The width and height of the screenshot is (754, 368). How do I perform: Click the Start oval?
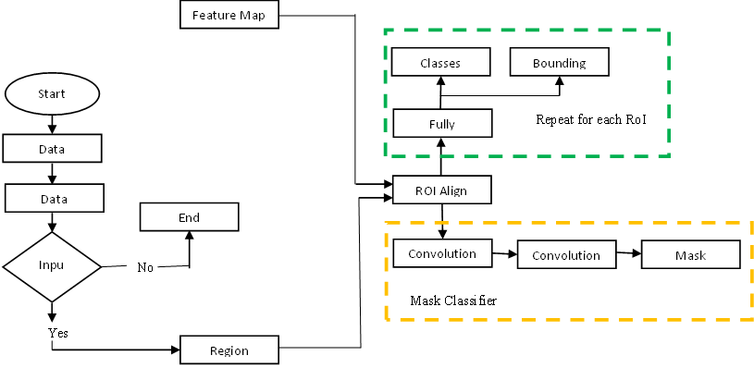click(52, 94)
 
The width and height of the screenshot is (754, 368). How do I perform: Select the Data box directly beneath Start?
click(53, 148)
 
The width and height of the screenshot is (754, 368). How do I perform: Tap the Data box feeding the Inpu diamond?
click(53, 198)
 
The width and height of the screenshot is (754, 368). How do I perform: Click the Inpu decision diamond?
click(52, 266)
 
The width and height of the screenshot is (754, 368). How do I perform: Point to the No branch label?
click(144, 267)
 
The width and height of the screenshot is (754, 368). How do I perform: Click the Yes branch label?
click(57, 331)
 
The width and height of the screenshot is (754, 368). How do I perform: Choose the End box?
click(189, 218)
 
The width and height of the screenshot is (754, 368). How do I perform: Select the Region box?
click(229, 351)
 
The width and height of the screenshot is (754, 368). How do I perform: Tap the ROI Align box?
click(441, 190)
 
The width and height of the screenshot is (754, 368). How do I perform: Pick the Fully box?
click(442, 123)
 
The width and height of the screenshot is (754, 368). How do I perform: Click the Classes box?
click(440, 63)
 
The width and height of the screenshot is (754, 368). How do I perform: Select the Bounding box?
click(561, 63)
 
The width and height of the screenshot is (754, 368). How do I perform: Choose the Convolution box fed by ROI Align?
click(441, 253)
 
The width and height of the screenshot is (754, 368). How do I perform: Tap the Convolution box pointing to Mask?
click(566, 255)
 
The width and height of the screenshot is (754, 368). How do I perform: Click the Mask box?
click(690, 255)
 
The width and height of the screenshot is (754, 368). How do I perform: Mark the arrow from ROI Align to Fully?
click(441, 156)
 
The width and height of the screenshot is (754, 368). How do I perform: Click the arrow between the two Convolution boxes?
click(503, 253)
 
